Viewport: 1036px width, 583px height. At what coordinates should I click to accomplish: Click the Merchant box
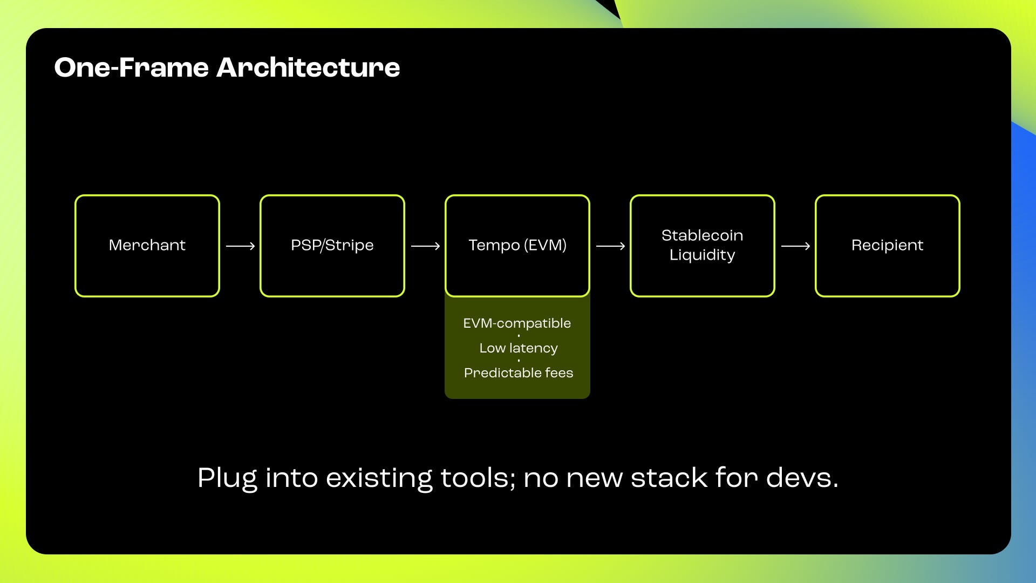147,246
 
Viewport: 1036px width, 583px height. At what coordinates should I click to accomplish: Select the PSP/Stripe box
332,246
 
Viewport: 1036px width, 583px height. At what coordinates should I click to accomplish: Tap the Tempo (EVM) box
517,246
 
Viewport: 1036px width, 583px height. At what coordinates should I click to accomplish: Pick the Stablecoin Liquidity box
702,246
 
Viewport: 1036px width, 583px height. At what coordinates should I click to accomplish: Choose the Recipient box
887,246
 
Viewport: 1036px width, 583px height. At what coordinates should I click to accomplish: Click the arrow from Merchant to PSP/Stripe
240,246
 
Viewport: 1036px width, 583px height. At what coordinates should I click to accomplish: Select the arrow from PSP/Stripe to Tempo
425,246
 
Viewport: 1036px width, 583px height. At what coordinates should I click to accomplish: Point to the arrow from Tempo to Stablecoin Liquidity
610,246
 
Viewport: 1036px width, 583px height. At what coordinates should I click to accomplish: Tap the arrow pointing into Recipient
795,246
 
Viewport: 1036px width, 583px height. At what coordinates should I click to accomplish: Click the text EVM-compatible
517,323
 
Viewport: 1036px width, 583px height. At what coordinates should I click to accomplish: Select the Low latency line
519,348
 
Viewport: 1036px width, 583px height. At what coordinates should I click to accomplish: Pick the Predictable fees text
519,373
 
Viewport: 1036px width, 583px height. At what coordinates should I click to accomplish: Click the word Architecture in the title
308,68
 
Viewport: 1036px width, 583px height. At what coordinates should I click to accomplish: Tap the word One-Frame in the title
131,68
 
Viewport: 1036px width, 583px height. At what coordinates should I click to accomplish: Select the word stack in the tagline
669,478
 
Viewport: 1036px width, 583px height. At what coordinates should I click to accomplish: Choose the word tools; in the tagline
478,478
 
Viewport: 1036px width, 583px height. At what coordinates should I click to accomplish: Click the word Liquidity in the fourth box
702,255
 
